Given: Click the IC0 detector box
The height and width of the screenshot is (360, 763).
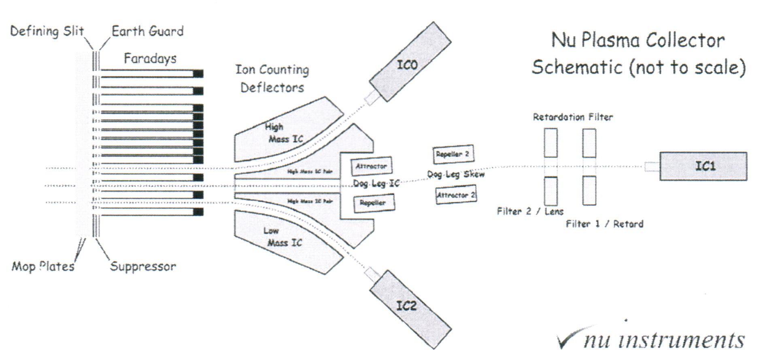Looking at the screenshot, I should pyautogui.click(x=410, y=62).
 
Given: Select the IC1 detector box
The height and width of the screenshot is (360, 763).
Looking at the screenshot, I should pyautogui.click(x=703, y=166).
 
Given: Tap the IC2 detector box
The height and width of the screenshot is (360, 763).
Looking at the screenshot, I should pyautogui.click(x=410, y=309).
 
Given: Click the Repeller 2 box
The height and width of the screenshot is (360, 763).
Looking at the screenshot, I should pyautogui.click(x=453, y=154).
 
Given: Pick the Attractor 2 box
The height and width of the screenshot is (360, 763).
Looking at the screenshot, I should pyautogui.click(x=456, y=195).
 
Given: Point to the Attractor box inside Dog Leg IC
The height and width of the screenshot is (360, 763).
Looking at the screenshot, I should pyautogui.click(x=371, y=166).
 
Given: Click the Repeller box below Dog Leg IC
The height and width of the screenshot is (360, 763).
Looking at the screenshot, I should pyautogui.click(x=374, y=203).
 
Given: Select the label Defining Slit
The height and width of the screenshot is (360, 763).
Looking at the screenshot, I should pyautogui.click(x=47, y=31).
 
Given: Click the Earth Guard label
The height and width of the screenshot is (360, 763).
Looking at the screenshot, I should pyautogui.click(x=147, y=31).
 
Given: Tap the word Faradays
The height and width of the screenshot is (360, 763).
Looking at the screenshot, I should pyautogui.click(x=150, y=59).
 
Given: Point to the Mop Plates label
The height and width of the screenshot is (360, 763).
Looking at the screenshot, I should pyautogui.click(x=43, y=266).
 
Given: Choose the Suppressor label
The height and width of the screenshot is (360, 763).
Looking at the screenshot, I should pyautogui.click(x=143, y=266).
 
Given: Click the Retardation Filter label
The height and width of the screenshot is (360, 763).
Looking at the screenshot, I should pyautogui.click(x=573, y=117).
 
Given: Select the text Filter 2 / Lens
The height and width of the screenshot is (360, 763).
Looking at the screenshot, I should pyautogui.click(x=530, y=211).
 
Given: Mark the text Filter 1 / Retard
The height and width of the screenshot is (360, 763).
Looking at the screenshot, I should pyautogui.click(x=604, y=224).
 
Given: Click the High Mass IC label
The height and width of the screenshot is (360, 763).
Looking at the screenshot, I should pyautogui.click(x=283, y=133).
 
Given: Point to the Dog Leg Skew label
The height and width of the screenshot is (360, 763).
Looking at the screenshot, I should pyautogui.click(x=456, y=175).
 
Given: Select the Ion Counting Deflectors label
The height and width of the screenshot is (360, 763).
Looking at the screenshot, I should pyautogui.click(x=272, y=78).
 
